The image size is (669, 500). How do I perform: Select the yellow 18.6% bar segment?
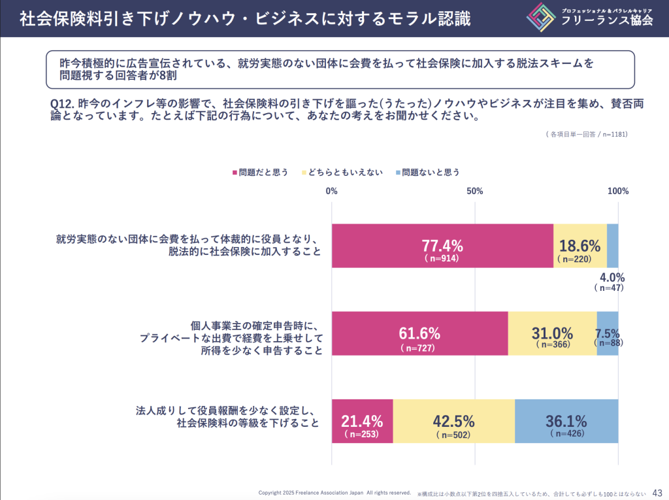(580, 246)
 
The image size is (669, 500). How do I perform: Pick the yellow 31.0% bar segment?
(552, 333)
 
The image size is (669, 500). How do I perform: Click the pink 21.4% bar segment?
(362, 421)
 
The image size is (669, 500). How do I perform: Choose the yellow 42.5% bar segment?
(453, 421)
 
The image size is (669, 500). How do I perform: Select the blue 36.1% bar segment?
(566, 421)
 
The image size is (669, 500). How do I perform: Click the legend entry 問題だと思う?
(260, 173)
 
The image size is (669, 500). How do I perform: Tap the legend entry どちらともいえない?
(342, 173)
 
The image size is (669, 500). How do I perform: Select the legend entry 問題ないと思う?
(427, 173)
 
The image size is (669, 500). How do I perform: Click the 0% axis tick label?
(331, 192)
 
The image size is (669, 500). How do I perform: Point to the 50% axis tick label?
(475, 192)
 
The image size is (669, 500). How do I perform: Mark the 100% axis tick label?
(618, 192)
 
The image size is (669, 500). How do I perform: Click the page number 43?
(657, 492)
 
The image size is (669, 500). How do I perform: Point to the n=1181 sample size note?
(614, 135)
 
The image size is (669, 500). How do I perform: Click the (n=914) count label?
(442, 258)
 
